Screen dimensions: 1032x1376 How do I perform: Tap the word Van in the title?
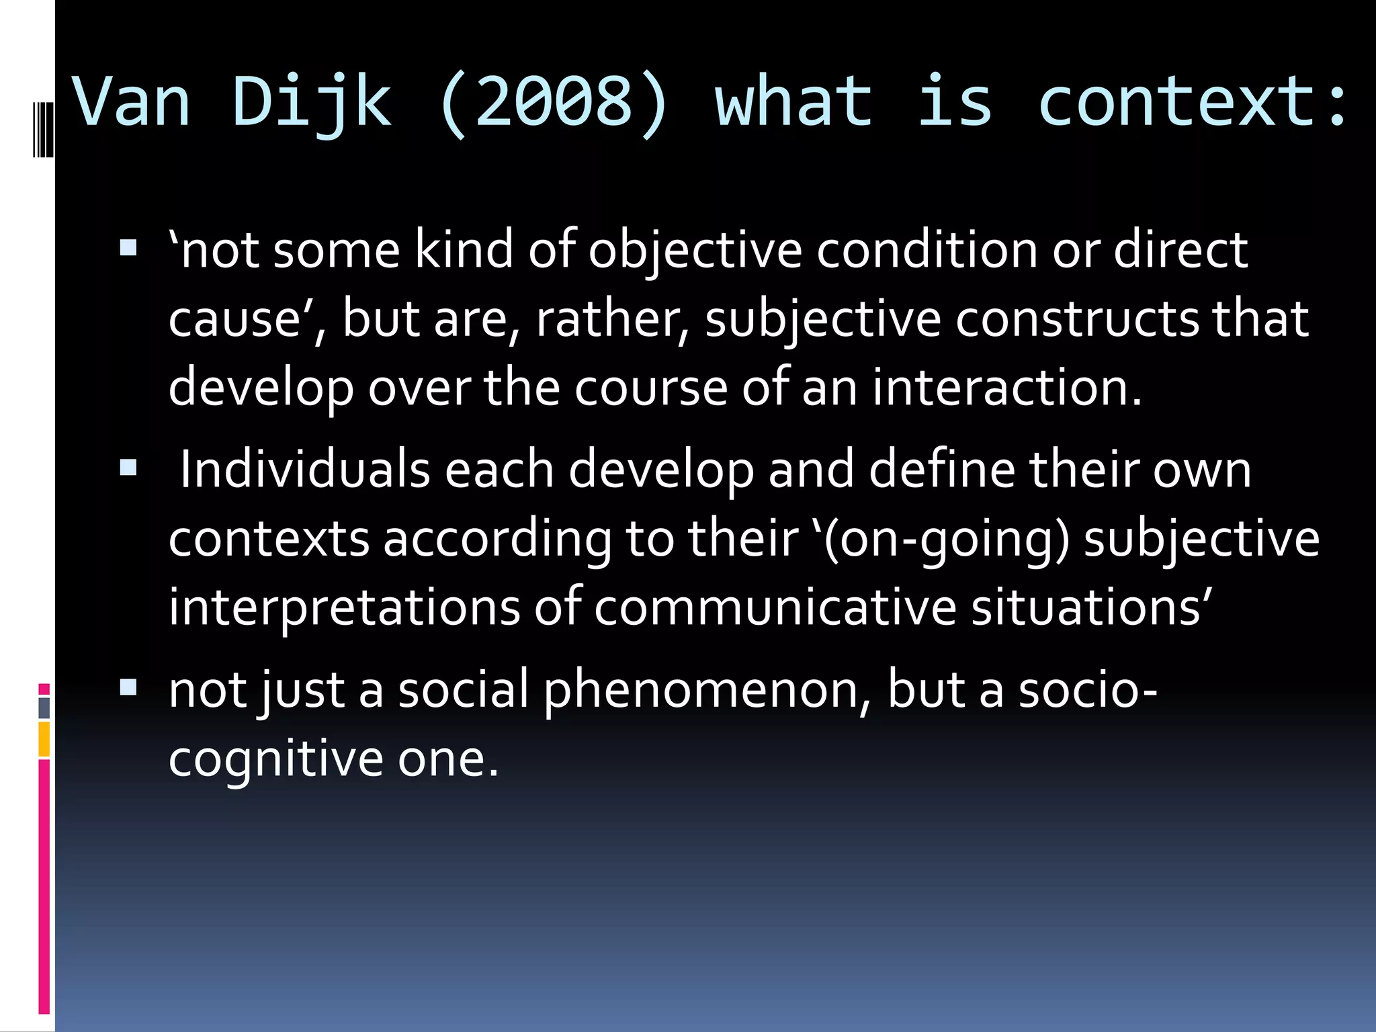(132, 103)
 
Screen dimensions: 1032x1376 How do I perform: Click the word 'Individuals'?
(305, 470)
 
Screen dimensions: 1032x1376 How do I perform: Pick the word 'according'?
(497, 540)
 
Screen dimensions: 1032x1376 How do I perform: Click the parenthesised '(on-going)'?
(946, 540)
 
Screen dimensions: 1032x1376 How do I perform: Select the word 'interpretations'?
(344, 608)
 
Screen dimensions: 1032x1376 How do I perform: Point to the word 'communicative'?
(775, 608)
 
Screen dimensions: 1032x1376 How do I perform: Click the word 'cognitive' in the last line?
(275, 760)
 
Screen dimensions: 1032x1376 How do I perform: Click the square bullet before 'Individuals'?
(128, 468)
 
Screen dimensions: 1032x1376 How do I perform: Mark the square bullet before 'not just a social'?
(128, 687)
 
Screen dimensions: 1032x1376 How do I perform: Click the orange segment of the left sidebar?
(44, 739)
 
